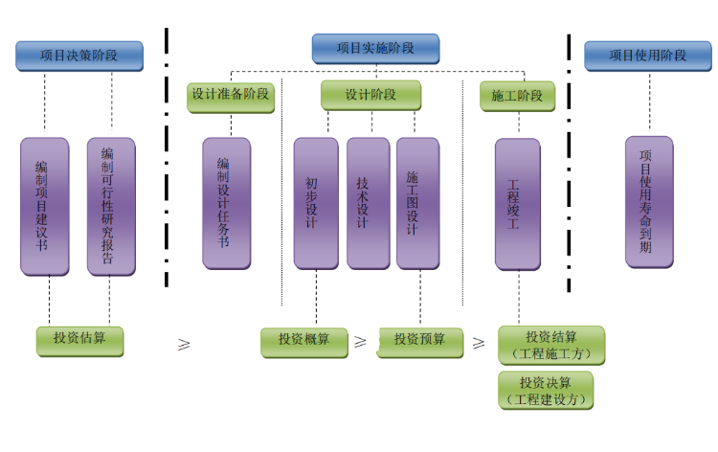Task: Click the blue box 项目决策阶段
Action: click(79, 56)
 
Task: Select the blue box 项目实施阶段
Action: click(375, 49)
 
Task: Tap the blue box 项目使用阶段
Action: click(647, 56)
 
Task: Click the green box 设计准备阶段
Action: click(230, 96)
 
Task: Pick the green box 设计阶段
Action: click(370, 96)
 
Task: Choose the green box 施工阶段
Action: click(517, 96)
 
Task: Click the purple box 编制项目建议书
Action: click(45, 206)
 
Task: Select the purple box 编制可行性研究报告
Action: click(111, 206)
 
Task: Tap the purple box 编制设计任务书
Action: click(226, 203)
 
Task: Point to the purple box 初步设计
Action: click(315, 203)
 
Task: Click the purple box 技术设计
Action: click(368, 203)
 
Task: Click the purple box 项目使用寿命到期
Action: click(649, 201)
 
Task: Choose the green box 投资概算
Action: click(304, 341)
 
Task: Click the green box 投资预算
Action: click(419, 341)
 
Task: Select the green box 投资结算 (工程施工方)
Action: click(551, 345)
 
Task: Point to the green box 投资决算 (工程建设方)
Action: click(546, 390)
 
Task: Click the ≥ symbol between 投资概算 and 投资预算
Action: click(361, 341)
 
